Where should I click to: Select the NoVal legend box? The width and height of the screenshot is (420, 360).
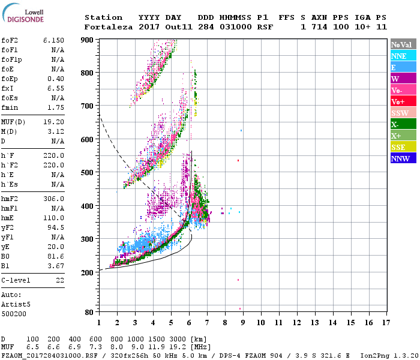[401, 44]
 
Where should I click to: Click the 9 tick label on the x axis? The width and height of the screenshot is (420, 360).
[242, 322]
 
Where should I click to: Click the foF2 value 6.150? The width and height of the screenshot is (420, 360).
[53, 40]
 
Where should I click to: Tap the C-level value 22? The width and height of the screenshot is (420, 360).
[60, 280]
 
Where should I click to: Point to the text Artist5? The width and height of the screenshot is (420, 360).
[16, 304]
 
